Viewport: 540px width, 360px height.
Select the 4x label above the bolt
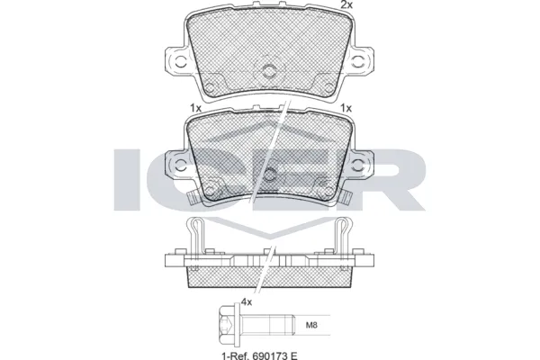pos(246,304)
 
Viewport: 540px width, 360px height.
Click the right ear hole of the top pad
pos(364,63)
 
